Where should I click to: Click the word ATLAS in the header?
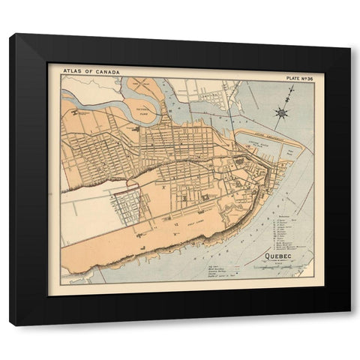pyautogui.click(x=71, y=72)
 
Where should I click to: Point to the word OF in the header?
pyautogui.click(x=89, y=72)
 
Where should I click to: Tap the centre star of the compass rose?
pyautogui.click(x=281, y=113)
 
